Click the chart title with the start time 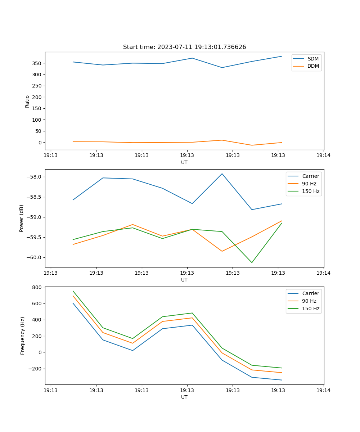(x=184, y=47)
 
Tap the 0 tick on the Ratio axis (x=40, y=143)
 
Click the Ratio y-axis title (x=27, y=101)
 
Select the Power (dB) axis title (x=22, y=218)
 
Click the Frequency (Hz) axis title (x=23, y=336)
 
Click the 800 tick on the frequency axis (x=37, y=287)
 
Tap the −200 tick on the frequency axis (x=36, y=369)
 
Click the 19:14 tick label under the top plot (x=323, y=156)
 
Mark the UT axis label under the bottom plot (x=184, y=397)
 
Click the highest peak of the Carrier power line (x=222, y=174)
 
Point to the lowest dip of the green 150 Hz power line (x=252, y=262)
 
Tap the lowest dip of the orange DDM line (x=252, y=145)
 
